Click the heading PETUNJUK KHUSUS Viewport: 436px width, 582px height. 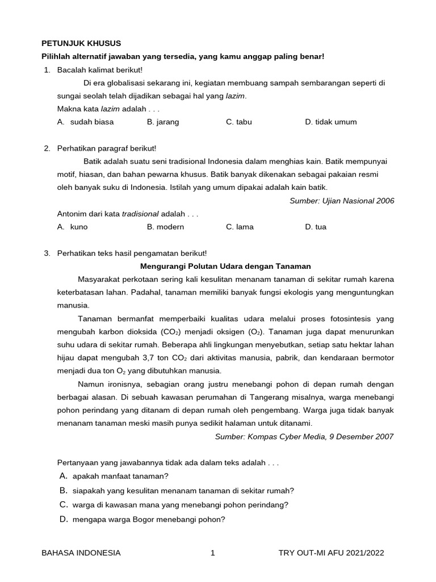(x=81, y=43)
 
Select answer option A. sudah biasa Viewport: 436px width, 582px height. (x=86, y=122)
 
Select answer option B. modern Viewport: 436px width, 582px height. (x=165, y=227)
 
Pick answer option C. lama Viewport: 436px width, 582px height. (x=240, y=227)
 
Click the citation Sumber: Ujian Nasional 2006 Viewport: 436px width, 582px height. (x=341, y=201)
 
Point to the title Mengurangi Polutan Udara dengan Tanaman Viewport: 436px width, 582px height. (x=225, y=266)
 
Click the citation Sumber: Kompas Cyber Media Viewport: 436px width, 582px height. (x=304, y=436)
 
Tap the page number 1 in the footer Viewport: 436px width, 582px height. (x=212, y=552)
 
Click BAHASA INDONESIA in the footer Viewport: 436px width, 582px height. (x=81, y=552)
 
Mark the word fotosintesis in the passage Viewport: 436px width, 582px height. (x=356, y=318)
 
